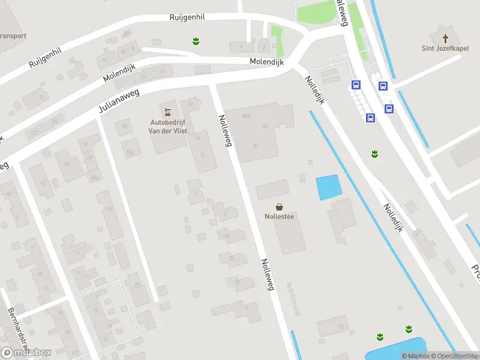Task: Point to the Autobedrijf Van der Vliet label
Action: coord(167,128)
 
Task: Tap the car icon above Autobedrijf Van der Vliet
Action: coord(167,112)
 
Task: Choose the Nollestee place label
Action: coord(279,217)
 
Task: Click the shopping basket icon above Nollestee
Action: coord(279,206)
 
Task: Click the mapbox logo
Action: coord(26,352)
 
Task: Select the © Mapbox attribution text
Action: coord(415,356)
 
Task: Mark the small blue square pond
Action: coord(328,187)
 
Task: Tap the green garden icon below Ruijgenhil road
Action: coord(196,41)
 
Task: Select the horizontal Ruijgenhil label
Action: coord(187,17)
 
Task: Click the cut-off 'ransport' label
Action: coord(13,35)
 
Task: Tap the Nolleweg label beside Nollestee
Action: coord(267,275)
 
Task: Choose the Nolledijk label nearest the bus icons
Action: coord(314,90)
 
